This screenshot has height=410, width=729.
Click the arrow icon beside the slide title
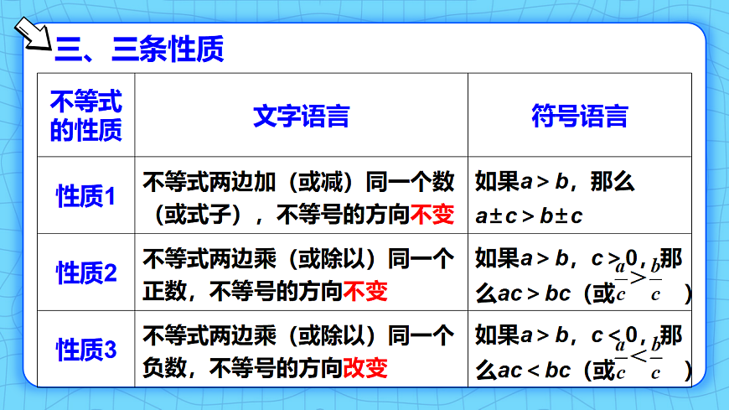coord(32,35)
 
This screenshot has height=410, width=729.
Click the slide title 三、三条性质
coord(139,49)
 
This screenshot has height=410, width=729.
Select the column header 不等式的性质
coord(86,117)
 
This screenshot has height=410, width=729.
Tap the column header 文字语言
coord(301,117)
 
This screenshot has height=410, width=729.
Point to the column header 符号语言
coord(579,117)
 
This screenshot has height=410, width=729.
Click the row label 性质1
coord(86,197)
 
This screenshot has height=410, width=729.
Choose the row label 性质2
coord(86,273)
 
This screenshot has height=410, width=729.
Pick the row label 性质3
coord(86,350)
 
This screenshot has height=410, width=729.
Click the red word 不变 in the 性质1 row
coord(432,215)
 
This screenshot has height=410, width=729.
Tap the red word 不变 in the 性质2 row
coord(366,292)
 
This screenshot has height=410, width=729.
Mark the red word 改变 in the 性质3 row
coord(366,368)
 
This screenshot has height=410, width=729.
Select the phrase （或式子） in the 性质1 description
coord(198,215)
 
